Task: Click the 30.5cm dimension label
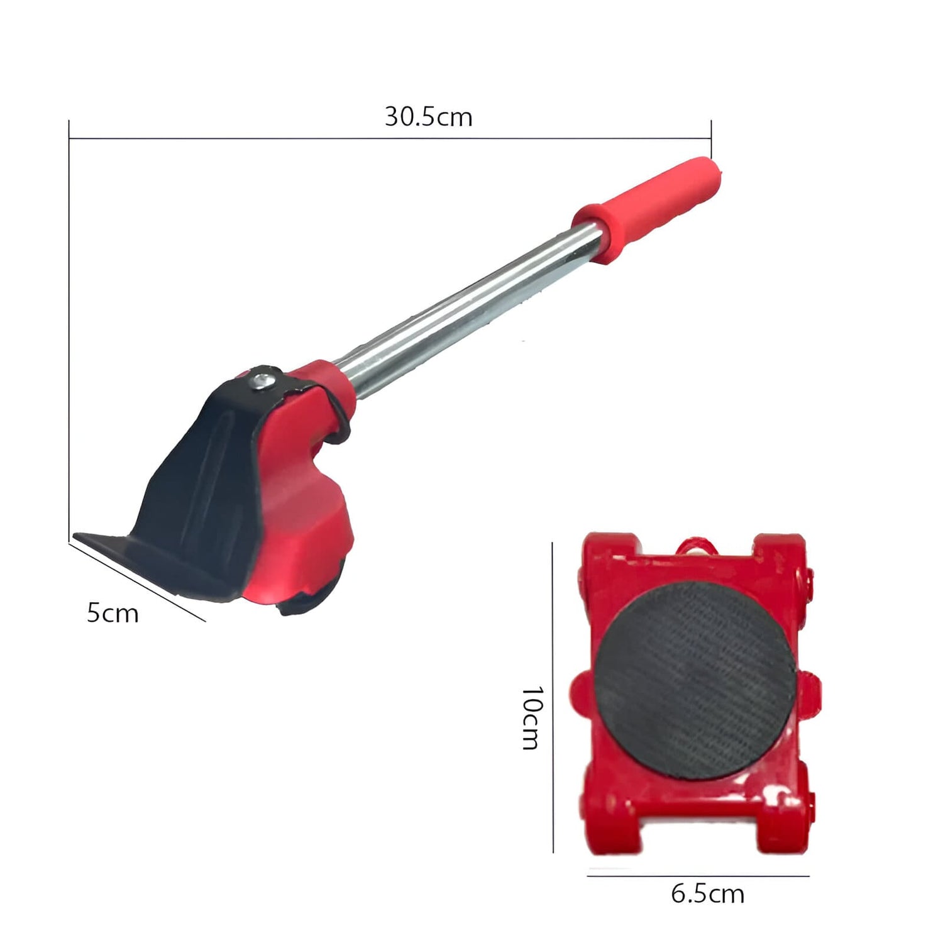coord(428,117)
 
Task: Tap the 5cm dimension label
coord(113,613)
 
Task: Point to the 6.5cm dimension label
coord(708,893)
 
